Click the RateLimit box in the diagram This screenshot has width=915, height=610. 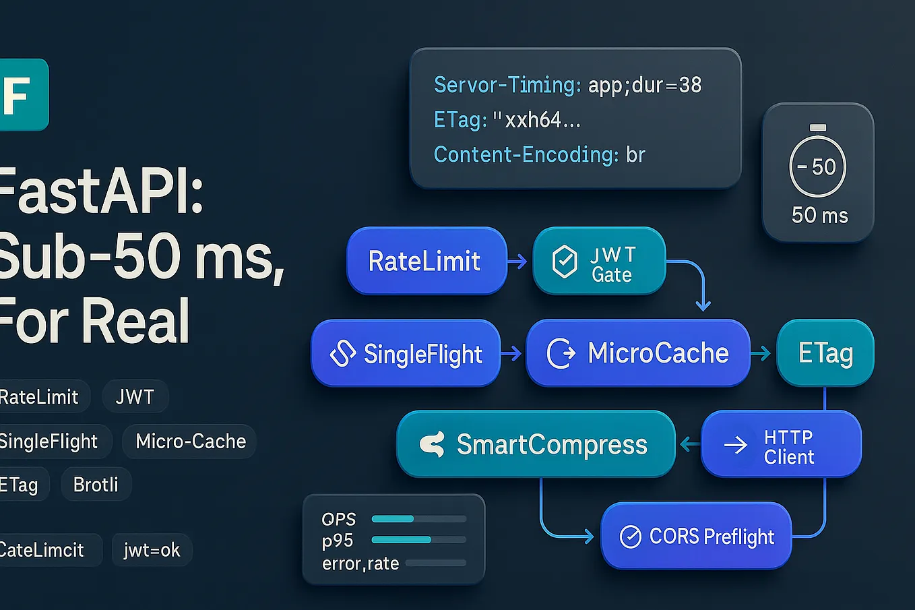point(426,261)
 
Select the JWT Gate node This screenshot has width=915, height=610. point(599,261)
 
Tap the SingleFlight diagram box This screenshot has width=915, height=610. point(406,353)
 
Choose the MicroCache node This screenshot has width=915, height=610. point(637,353)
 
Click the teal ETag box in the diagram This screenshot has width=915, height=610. point(825,353)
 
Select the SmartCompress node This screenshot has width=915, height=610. point(536,444)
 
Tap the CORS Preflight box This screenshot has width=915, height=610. point(696,537)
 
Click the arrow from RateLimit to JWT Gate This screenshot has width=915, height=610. point(517,262)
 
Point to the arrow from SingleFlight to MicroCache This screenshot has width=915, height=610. point(512,353)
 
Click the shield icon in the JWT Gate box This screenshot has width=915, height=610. point(565,262)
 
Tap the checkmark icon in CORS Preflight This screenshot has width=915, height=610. point(630,537)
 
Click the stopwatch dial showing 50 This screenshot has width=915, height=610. point(817,166)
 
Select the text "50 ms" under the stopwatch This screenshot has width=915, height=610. point(819,216)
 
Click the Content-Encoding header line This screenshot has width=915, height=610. point(539,155)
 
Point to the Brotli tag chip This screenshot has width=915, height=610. point(96,485)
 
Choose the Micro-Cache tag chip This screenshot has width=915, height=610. point(190,441)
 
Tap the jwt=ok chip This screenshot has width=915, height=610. point(152,550)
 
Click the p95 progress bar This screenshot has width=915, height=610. point(418,540)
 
